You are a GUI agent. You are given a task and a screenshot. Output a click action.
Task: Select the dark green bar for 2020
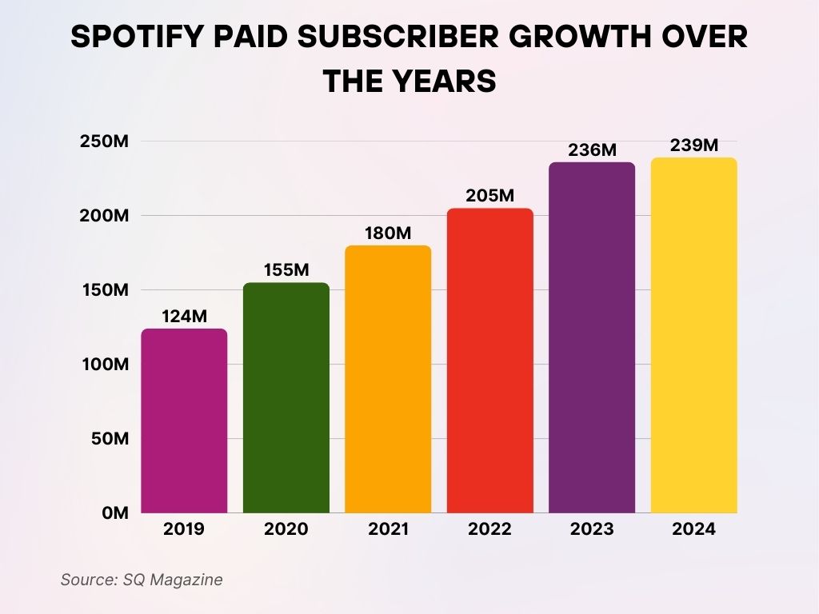(286, 397)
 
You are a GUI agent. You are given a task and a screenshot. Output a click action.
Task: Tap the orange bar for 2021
(388, 379)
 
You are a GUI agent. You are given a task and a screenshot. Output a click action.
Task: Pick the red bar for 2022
(489, 361)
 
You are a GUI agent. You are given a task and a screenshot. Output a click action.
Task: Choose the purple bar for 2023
(592, 337)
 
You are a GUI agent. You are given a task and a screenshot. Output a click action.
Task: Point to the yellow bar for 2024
(693, 335)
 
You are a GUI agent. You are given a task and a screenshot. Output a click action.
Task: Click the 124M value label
(184, 316)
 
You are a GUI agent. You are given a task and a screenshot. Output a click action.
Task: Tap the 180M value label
(388, 233)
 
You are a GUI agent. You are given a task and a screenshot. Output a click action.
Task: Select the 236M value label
(592, 150)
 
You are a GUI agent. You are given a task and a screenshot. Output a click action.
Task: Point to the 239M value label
(693, 145)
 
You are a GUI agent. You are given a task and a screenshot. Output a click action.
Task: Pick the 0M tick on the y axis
(115, 513)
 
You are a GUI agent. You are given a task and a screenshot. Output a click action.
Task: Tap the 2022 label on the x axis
(489, 529)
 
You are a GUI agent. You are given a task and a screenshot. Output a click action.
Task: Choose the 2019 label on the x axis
(184, 529)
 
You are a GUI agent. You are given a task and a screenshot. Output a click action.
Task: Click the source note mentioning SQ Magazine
(142, 580)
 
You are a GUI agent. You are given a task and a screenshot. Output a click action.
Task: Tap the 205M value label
(489, 196)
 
